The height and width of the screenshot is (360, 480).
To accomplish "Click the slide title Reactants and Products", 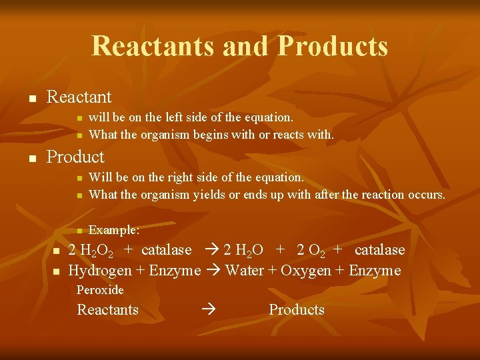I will (x=239, y=46).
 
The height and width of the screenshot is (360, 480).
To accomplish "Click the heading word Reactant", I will (x=79, y=97).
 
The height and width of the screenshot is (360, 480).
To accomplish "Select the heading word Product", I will (x=75, y=157).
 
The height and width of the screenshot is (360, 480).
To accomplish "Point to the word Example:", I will (x=114, y=230).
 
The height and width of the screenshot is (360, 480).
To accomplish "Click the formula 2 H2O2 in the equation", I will (x=91, y=251).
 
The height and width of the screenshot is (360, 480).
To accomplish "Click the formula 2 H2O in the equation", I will (x=243, y=251).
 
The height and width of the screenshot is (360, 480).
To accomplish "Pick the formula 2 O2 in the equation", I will (x=310, y=251).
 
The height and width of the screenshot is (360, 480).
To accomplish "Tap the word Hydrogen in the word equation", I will (x=97, y=271).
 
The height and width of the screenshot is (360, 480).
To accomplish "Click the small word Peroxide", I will (x=100, y=290).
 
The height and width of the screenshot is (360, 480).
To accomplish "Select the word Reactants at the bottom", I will (x=108, y=310).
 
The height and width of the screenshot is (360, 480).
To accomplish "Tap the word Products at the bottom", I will (x=297, y=310).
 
